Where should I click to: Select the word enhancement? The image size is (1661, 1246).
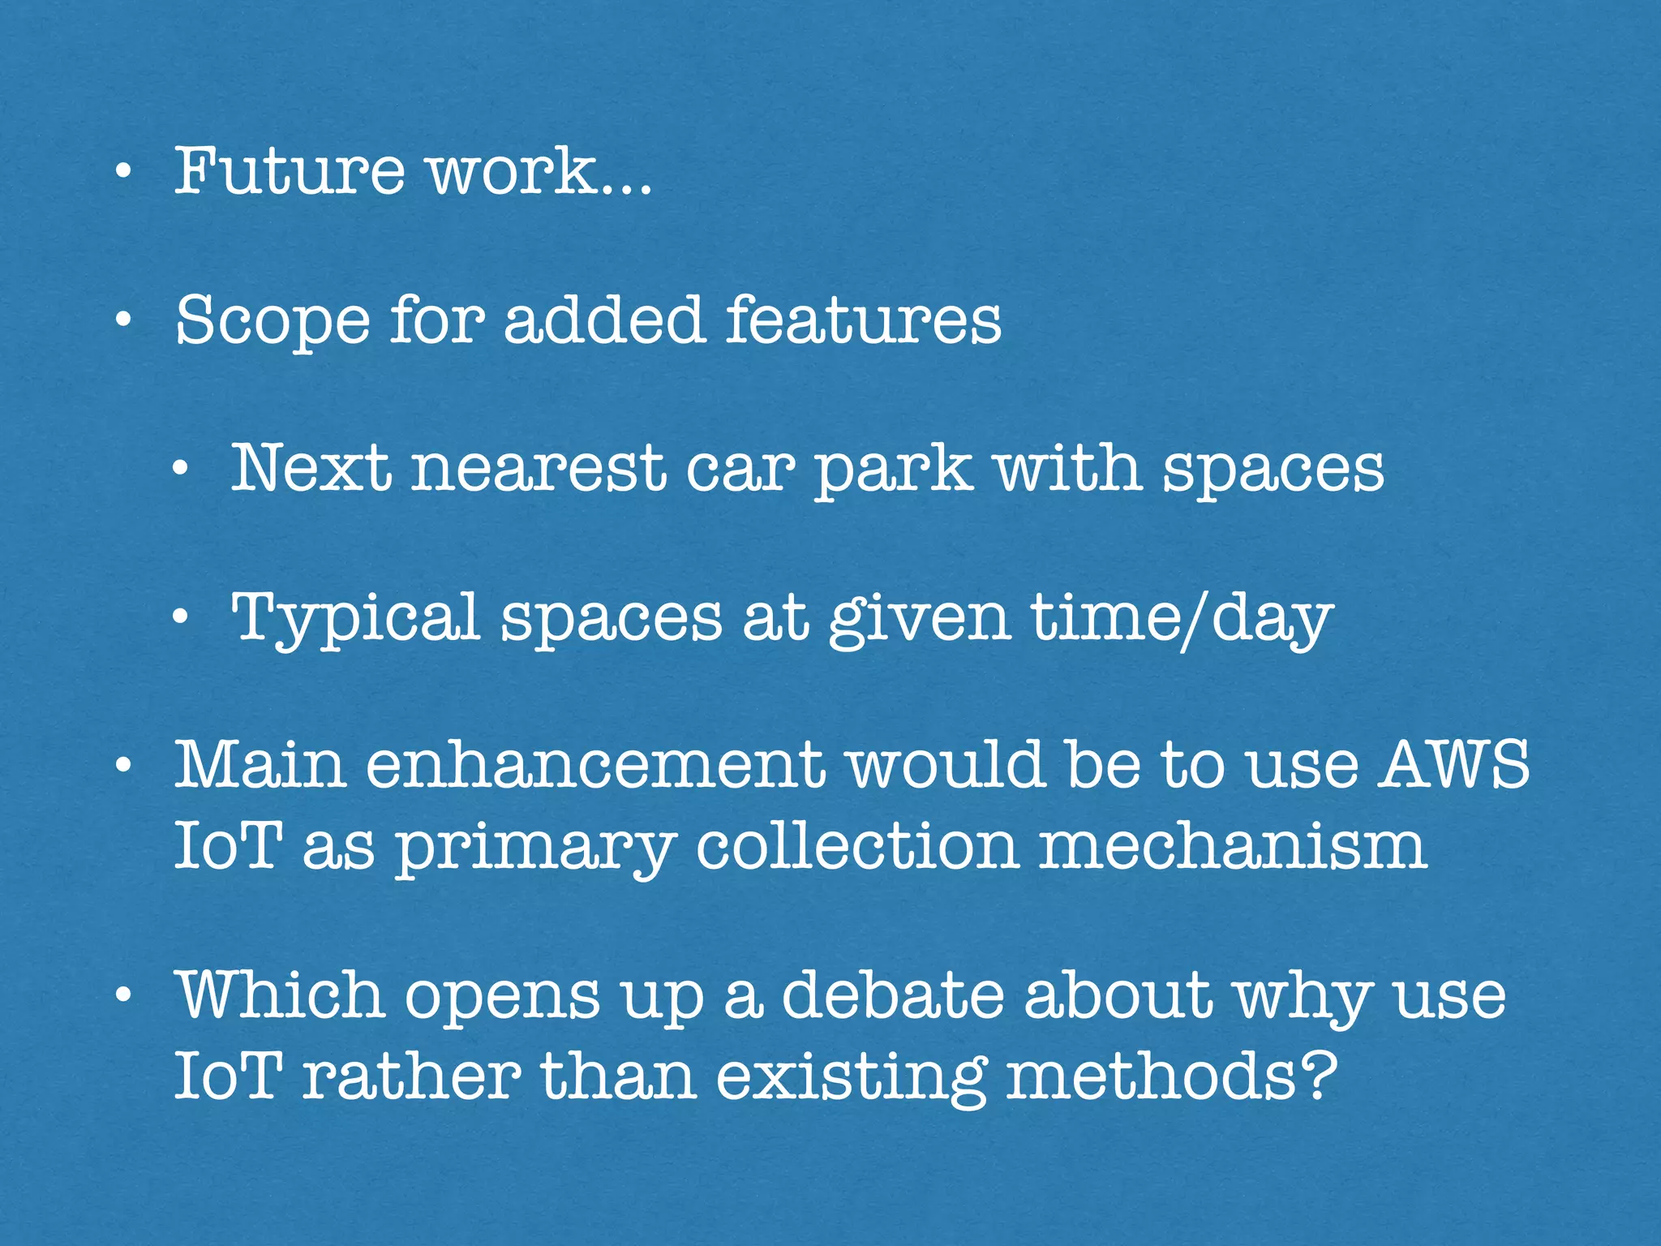click(596, 765)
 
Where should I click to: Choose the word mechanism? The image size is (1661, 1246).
click(1233, 845)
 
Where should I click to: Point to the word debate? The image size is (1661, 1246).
click(893, 995)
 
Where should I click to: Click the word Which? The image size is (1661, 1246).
click(280, 995)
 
